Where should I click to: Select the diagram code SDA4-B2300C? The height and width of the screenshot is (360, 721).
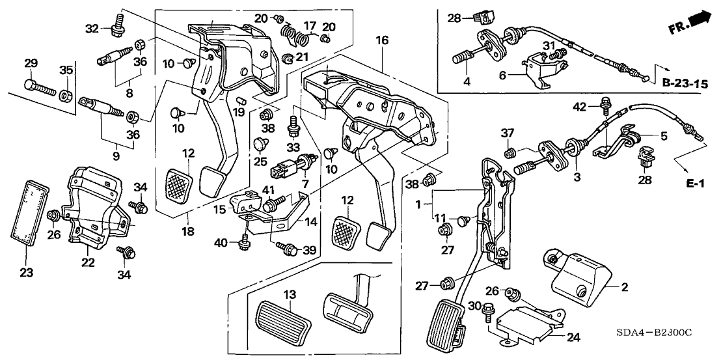pyautogui.click(x=658, y=333)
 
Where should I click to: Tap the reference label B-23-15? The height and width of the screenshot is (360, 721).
pyautogui.click(x=683, y=83)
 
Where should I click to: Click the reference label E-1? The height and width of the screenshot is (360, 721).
pyautogui.click(x=696, y=185)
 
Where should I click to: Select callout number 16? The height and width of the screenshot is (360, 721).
pyautogui.click(x=381, y=41)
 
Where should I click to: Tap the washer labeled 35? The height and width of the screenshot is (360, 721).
pyautogui.click(x=66, y=96)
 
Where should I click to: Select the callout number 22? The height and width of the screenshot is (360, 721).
pyautogui.click(x=88, y=262)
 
